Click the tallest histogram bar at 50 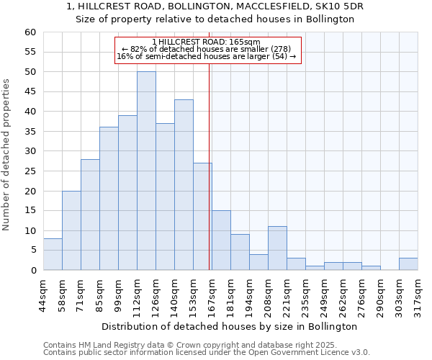[146, 171]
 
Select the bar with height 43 [184, 184]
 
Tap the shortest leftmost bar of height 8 [53, 254]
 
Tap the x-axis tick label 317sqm [418, 296]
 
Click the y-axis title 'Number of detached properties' [6, 155]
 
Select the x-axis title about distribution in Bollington [229, 326]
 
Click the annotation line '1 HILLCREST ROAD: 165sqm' [206, 42]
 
